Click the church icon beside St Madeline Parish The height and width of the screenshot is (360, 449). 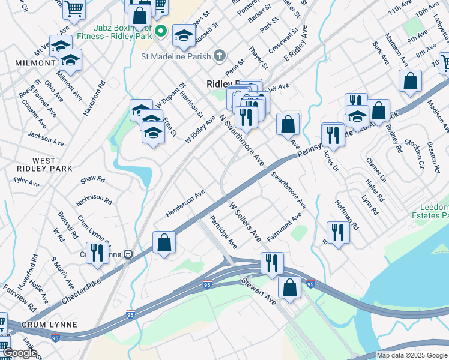[x=220, y=56]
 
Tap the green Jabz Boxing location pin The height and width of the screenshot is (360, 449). [x=160, y=31]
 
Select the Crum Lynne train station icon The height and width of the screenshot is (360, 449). [x=127, y=254]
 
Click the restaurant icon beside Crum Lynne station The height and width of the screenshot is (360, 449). [x=95, y=252]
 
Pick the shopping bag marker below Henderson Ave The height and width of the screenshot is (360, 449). [x=164, y=243]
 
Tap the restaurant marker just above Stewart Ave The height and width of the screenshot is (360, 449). [x=272, y=263]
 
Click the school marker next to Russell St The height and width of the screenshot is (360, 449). [x=184, y=35]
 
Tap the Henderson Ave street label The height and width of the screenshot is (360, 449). [x=185, y=204]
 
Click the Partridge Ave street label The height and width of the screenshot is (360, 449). [x=223, y=232]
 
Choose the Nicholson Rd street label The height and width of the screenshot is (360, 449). [x=94, y=199]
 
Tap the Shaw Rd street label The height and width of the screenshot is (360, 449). [x=92, y=179]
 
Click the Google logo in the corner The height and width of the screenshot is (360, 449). [x=20, y=353]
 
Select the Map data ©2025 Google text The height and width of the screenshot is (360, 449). [x=411, y=355]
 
